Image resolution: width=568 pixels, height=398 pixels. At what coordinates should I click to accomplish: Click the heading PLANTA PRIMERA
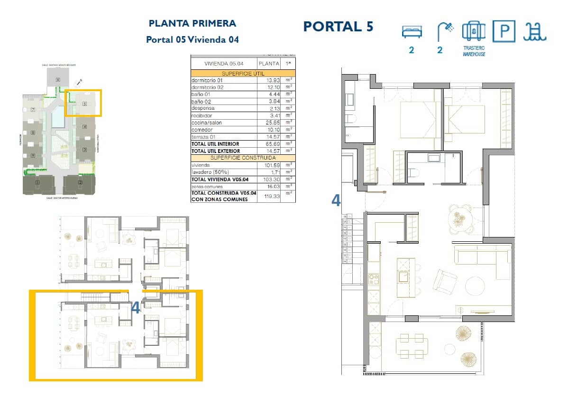[192, 23]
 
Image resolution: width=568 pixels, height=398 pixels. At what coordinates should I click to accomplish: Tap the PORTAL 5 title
[338, 27]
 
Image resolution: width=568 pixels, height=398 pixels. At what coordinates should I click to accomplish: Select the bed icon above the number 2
[411, 32]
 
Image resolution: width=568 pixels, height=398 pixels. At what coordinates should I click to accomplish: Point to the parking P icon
[504, 31]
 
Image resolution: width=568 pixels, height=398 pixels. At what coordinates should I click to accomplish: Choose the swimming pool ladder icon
[535, 31]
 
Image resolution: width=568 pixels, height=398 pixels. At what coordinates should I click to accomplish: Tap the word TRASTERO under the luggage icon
[474, 48]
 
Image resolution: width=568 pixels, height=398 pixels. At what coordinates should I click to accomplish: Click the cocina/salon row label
[206, 123]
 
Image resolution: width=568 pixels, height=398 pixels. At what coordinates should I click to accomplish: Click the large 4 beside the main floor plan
[336, 201]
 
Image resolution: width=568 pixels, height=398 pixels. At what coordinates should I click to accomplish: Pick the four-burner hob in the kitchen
[374, 279]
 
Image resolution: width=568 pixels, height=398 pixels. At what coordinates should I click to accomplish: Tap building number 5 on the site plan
[84, 103]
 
